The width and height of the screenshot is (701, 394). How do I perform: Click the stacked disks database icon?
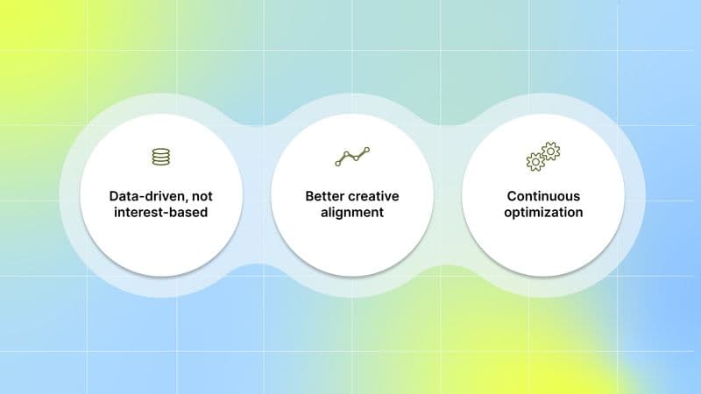160,157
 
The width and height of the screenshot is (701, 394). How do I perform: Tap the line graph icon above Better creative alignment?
351,158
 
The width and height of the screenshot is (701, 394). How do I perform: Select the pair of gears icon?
542,157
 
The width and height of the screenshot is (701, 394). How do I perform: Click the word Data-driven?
145,196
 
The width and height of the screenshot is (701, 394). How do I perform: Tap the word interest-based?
160,213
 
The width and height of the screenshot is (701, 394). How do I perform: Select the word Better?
324,196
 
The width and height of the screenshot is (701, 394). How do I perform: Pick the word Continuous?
543,196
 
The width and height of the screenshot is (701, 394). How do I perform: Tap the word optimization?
543,213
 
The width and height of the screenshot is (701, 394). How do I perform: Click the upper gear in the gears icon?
550,151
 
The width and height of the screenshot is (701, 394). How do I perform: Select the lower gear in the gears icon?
535,161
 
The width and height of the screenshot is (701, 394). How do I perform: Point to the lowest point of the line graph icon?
337,164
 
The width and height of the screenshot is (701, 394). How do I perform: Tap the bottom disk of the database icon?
160,163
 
